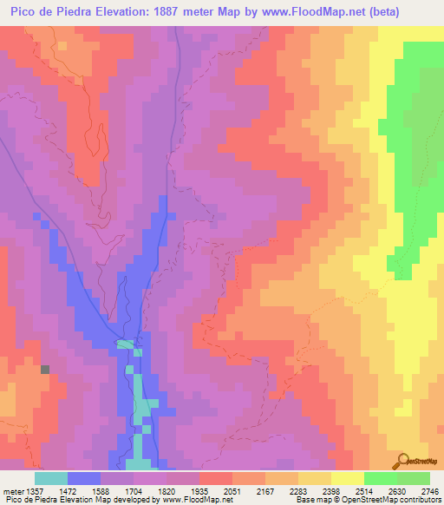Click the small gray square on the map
click(x=45, y=369)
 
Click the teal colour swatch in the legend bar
click(x=51, y=478)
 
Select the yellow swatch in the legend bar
click(x=347, y=478)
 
